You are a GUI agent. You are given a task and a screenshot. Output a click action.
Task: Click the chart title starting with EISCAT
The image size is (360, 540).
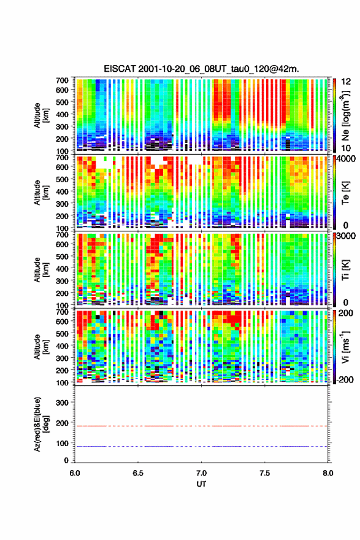[201, 69]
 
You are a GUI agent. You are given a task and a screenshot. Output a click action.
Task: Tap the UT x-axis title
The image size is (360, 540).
[201, 484]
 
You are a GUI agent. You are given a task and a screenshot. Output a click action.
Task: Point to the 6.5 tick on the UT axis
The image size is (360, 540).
[138, 473]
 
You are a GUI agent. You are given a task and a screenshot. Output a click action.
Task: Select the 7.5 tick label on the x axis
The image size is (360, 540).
[265, 473]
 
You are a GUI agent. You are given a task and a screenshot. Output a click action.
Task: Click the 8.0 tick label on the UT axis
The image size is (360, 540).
[328, 473]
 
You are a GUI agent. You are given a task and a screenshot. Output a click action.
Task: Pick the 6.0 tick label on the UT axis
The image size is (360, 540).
[75, 473]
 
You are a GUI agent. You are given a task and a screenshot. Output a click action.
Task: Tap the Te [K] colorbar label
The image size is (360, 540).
[345, 193]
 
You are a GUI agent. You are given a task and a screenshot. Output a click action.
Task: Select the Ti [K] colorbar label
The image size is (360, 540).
[345, 270]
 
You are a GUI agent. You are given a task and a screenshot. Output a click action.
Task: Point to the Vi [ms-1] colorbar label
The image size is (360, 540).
[345, 347]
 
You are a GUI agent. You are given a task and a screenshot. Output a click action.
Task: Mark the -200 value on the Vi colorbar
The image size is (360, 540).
[345, 379]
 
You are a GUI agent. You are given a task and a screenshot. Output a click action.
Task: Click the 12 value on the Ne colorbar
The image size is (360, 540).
[347, 82]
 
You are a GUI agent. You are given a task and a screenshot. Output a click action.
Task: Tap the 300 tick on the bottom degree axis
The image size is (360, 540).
[62, 403]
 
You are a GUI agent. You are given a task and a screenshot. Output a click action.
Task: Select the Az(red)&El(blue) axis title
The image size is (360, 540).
[40, 424]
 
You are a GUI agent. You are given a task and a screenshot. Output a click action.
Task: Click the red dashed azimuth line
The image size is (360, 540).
[201, 426]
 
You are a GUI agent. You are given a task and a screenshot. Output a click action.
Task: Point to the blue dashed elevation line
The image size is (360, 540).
[201, 446]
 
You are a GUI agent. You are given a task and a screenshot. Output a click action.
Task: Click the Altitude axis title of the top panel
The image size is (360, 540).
[40, 115]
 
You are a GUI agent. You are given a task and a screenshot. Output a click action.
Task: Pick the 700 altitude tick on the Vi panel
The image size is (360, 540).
[62, 312]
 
